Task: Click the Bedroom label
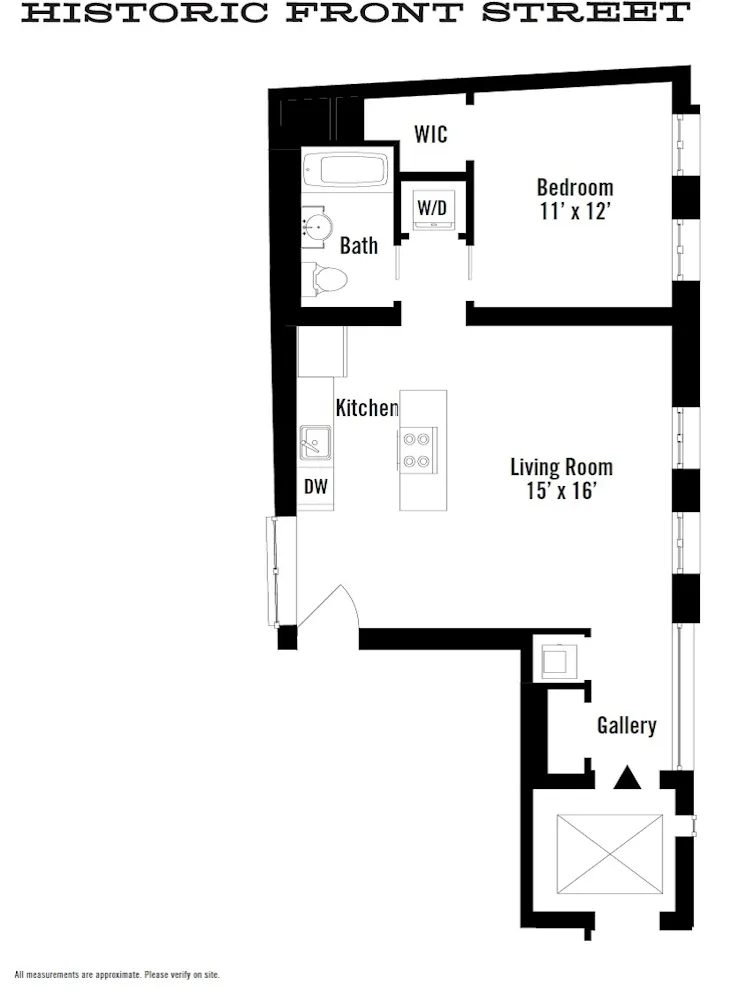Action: (574, 187)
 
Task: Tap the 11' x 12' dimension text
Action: (574, 211)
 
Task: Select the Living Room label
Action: (561, 467)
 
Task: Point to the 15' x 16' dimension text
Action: (561, 491)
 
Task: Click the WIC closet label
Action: (431, 134)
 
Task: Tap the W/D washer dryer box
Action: (432, 209)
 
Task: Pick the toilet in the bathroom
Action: (326, 278)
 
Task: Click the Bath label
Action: (359, 245)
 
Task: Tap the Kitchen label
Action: (366, 408)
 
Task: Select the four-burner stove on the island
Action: (416, 449)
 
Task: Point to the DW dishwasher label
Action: (315, 487)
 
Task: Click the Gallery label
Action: (627, 726)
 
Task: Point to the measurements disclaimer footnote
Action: (117, 974)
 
